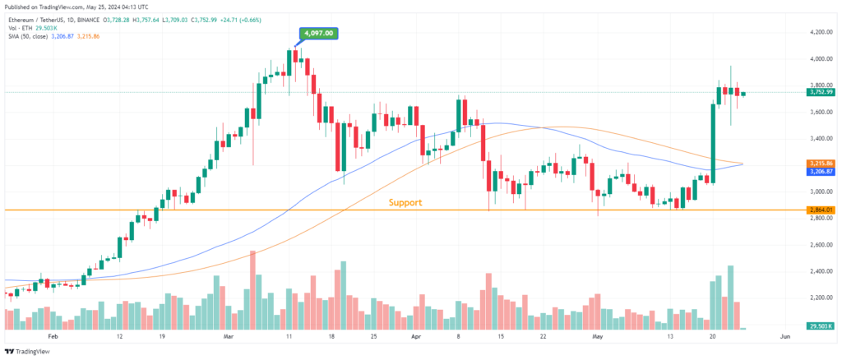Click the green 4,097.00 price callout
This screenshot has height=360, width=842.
pos(317,34)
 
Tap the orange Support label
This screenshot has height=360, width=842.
pos(405,202)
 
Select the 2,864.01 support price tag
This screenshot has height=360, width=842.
pos(819,210)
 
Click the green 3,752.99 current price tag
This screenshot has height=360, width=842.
pos(819,92)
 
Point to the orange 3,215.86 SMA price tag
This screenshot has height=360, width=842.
pos(819,163)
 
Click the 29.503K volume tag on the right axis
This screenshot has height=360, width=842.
pos(819,327)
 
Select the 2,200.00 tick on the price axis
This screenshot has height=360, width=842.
pos(818,298)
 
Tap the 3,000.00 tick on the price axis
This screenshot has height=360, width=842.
pos(818,192)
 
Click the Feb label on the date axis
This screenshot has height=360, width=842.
pos(53,337)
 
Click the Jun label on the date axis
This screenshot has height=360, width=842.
pos(784,337)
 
